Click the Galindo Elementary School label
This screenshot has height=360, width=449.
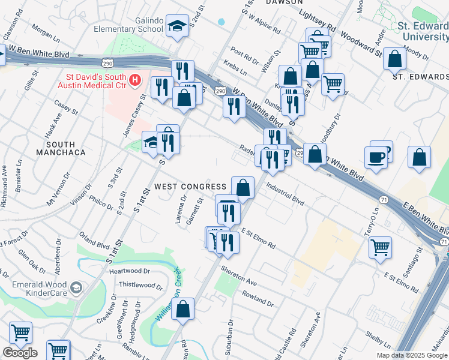[133, 25]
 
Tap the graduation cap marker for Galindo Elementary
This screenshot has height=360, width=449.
[176, 26]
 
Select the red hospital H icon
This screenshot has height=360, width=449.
[135, 79]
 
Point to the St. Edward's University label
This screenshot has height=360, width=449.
[423, 31]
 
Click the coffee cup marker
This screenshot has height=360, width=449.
[376, 157]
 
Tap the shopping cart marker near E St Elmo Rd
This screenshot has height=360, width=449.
[380, 246]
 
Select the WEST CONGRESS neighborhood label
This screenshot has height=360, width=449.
[190, 187]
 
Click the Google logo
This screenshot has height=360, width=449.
[20, 353]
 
